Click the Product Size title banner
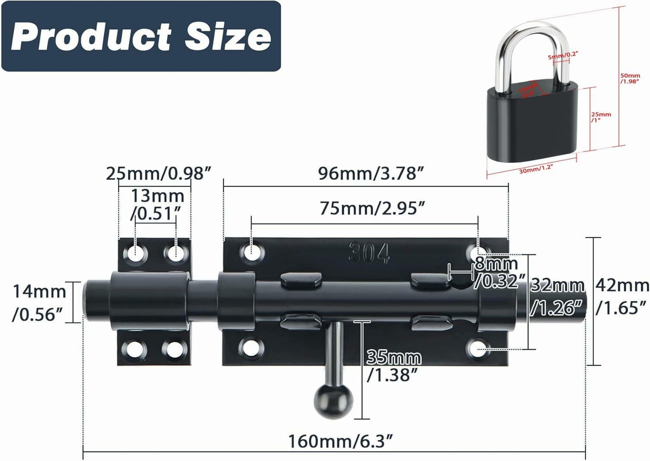141,36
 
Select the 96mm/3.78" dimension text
371,173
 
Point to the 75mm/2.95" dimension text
372,208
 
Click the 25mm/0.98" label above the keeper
158,173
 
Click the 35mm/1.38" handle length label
394,365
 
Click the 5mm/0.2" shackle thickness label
562,55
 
